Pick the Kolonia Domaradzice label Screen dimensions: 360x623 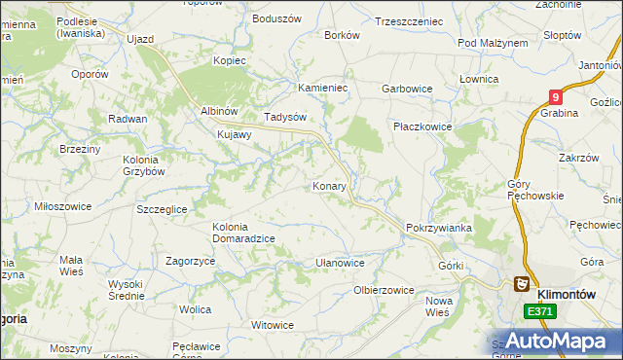click(243, 233)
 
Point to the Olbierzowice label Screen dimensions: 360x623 click(384, 290)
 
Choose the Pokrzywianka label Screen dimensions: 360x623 click(439, 228)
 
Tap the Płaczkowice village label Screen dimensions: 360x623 click(424, 126)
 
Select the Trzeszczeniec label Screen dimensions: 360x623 click(409, 20)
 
